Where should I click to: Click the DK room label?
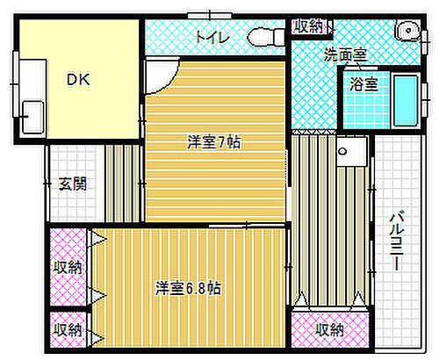pos(79,77)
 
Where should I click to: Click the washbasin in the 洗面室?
pos(407,32)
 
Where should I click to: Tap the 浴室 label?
pos(363,84)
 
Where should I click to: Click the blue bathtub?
pos(405,101)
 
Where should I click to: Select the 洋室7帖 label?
pos(213,142)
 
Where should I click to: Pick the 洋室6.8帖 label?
pos(189,288)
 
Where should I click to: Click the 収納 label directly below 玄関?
pos(67,266)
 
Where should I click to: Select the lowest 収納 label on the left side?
pos(67,330)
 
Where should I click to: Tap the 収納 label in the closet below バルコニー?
pos(330,330)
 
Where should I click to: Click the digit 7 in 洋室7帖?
pos(219,142)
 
